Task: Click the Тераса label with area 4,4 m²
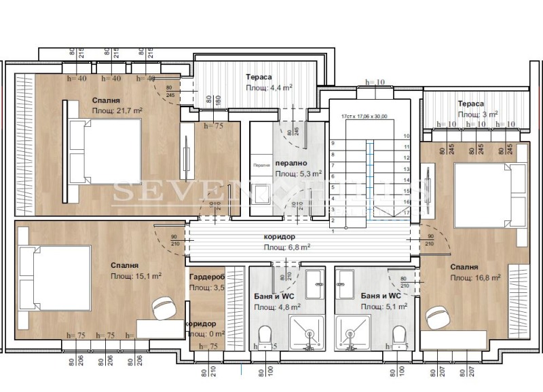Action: tap(260, 77)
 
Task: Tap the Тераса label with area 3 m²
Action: tap(470, 104)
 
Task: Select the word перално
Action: tap(291, 163)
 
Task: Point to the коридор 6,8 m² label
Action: tap(279, 237)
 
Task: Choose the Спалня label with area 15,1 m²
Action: tap(125, 266)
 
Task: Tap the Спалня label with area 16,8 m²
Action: tap(464, 267)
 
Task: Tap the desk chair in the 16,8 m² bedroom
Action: tap(437, 316)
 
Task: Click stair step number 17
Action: tap(406, 212)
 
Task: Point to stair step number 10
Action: tap(406, 136)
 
